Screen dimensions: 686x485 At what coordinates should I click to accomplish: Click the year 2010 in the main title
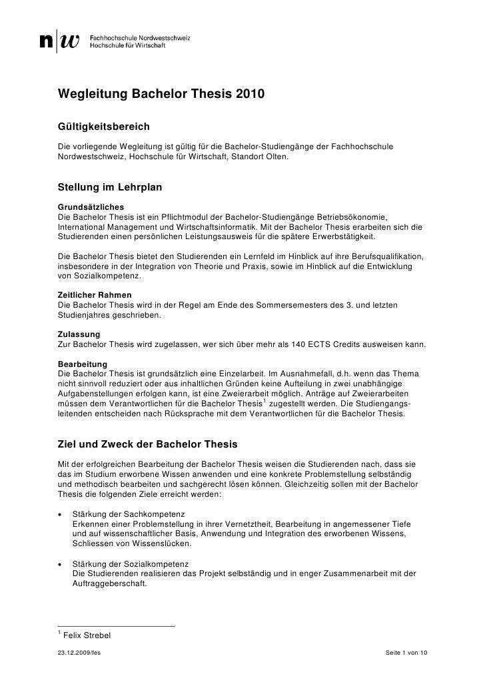(x=249, y=95)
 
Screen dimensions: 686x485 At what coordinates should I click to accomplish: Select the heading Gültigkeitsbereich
(x=103, y=126)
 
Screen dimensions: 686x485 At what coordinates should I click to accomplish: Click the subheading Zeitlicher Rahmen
(x=95, y=294)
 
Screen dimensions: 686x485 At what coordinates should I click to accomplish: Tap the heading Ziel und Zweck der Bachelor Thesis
(x=153, y=444)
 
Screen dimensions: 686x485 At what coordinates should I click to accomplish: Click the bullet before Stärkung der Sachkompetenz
(x=61, y=515)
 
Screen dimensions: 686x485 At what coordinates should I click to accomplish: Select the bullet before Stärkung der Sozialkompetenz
(x=61, y=563)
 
